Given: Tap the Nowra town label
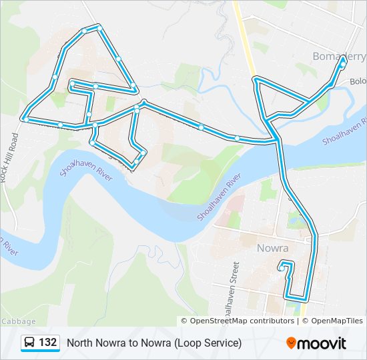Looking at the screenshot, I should [272, 248].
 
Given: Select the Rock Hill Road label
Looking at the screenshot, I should [9, 157].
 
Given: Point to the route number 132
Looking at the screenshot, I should [47, 343].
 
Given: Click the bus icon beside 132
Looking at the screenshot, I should [30, 343].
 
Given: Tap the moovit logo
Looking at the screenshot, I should [316, 343].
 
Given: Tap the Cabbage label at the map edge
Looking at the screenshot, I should [13, 321].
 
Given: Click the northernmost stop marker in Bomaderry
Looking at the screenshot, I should [344, 59].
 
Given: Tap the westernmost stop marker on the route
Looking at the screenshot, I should [24, 119].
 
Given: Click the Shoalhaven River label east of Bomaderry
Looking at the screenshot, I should [344, 132].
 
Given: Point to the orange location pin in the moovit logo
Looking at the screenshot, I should [292, 343].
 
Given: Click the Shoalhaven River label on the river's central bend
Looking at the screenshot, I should [219, 198].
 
